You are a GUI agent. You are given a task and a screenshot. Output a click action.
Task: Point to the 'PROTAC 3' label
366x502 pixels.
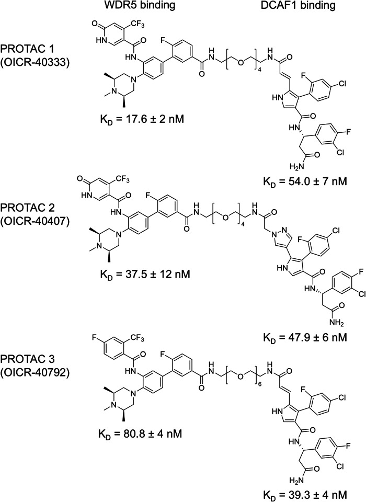pos(31,375)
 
